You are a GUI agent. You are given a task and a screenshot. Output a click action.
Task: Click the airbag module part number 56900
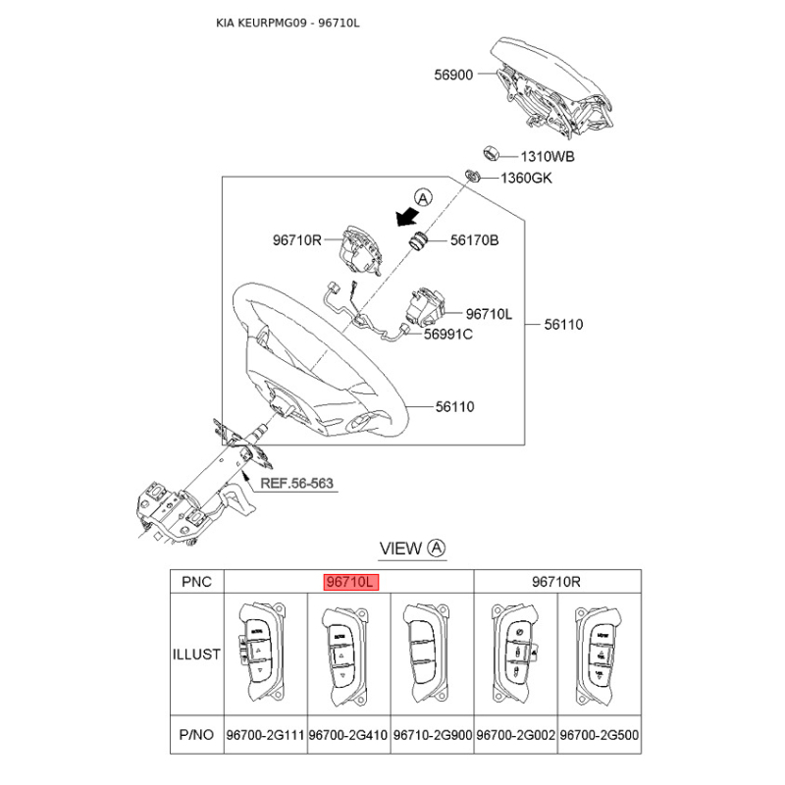point(453,75)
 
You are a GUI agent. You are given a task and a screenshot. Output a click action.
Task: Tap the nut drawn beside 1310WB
point(490,153)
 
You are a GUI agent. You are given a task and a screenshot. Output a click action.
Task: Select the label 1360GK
point(526,179)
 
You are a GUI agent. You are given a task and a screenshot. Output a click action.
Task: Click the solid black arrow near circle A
point(407,217)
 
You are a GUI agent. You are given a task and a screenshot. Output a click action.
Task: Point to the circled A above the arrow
point(424,198)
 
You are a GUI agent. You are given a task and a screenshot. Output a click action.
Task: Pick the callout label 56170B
point(474,240)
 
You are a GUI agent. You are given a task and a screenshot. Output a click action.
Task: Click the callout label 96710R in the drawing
point(297,240)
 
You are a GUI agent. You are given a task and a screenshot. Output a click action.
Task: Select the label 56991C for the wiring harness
point(448,334)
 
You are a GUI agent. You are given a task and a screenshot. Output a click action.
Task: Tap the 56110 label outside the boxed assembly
point(563,325)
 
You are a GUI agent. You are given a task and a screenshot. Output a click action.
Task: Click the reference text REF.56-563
point(297,483)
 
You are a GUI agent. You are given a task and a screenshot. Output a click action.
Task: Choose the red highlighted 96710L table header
point(351,582)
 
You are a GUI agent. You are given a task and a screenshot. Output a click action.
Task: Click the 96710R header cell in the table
point(556,582)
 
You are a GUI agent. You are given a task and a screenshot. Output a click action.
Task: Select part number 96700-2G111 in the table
point(265,735)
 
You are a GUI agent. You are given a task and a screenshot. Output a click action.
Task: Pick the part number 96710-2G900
point(433,735)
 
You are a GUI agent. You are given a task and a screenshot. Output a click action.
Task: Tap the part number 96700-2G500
point(600,735)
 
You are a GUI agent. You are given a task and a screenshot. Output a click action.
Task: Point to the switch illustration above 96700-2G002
point(514,654)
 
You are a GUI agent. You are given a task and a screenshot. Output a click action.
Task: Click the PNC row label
point(197,582)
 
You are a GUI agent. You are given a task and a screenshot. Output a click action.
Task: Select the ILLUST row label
point(196,654)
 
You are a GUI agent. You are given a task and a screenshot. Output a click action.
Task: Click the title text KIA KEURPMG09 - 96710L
point(288,23)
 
